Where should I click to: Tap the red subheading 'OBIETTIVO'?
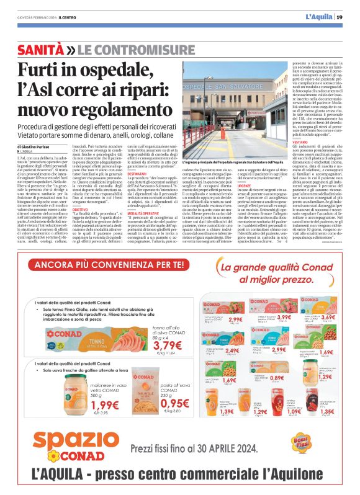pos(80,210)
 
